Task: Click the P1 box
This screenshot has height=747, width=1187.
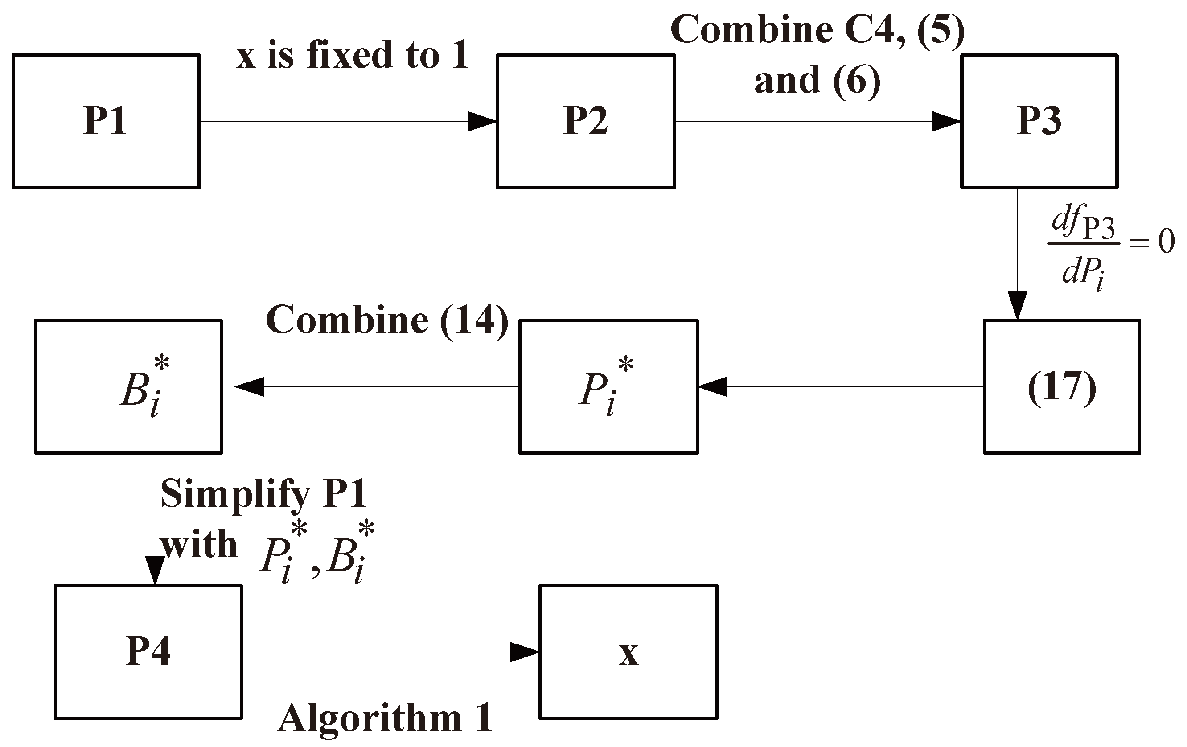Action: pos(106,121)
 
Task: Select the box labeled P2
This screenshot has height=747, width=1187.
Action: pos(586,121)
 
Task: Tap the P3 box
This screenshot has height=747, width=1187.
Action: pos(1039,121)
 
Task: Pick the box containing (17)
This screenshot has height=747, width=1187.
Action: pos(1062,387)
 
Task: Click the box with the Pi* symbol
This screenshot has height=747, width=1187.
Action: pos(608,387)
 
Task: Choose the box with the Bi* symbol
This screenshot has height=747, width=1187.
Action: pos(128,387)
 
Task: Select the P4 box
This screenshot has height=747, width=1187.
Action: pos(148,652)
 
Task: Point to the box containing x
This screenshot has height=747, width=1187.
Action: pos(628,652)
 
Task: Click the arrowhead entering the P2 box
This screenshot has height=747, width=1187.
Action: pos(482,121)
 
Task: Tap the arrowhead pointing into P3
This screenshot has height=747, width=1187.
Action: pos(946,121)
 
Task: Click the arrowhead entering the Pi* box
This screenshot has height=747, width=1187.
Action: pos(713,387)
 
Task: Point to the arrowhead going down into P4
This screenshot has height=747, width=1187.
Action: pos(155,571)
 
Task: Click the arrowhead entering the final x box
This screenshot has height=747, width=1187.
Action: pos(525,652)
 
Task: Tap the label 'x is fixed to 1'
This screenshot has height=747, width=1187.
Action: pos(352,55)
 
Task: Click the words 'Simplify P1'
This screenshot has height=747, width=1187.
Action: pos(264,494)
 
